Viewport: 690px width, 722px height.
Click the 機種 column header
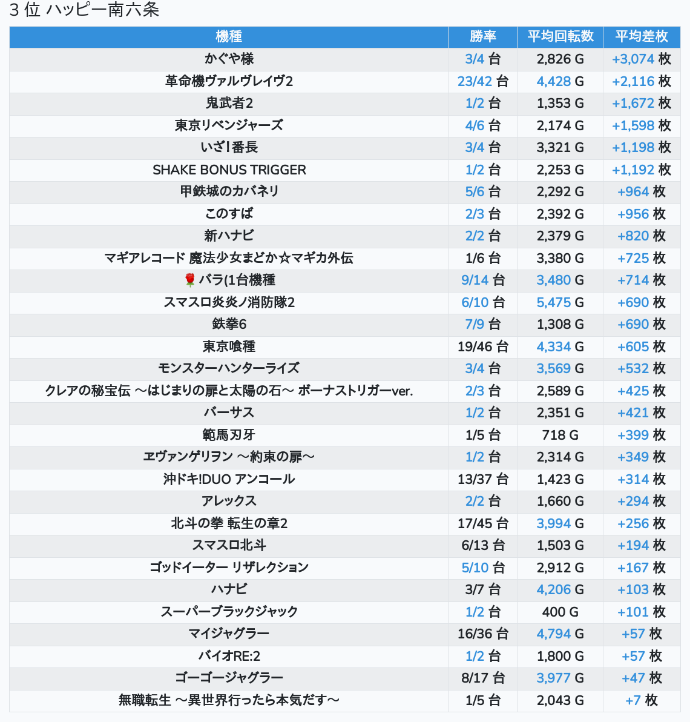(x=229, y=37)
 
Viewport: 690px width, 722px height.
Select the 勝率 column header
(x=482, y=37)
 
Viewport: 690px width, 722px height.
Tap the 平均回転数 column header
(x=560, y=37)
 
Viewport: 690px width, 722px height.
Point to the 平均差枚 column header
(x=641, y=37)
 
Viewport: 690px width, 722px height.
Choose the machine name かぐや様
(x=229, y=59)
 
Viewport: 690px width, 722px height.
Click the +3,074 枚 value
(x=641, y=59)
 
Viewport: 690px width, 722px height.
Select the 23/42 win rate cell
(x=482, y=81)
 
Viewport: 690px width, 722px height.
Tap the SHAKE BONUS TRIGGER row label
(x=229, y=170)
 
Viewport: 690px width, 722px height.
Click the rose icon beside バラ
(x=190, y=280)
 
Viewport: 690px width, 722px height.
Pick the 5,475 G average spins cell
(x=560, y=302)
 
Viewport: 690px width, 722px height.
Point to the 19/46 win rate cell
(x=482, y=346)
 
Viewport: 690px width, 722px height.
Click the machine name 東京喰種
(x=229, y=346)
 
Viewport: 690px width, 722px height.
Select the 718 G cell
(x=560, y=435)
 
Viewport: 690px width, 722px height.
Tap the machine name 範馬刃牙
(x=229, y=435)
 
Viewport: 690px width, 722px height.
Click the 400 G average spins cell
(x=560, y=612)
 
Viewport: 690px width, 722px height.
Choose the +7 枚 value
(x=641, y=700)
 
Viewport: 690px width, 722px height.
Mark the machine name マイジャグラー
(x=229, y=634)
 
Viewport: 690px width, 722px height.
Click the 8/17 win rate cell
(x=482, y=678)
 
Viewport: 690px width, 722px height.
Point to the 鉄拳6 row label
(x=229, y=324)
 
